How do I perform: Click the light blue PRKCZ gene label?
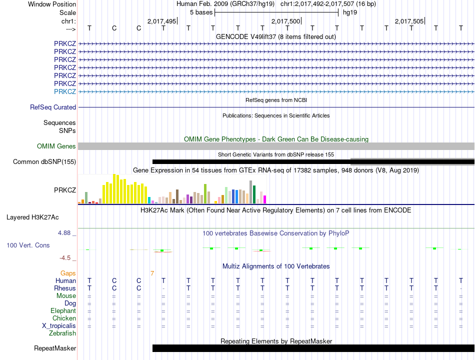pos(65,91)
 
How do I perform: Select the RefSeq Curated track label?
pos(53,107)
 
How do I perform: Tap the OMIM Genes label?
pos(56,146)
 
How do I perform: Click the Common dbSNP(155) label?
pos(44,162)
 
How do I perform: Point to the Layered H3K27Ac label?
pos(32,217)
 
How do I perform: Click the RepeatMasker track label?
pos(55,348)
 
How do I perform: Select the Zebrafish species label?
pos(62,333)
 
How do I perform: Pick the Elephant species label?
pos(63,311)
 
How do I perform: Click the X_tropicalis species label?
pos(59,326)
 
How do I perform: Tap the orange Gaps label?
pos(68,273)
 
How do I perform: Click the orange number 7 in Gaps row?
pos(152,273)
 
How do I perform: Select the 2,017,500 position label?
pos(285,21)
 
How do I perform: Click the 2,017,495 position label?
pos(161,21)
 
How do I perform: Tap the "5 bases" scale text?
pos(201,12)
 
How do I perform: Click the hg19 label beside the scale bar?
pos(350,12)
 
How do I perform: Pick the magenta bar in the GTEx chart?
pos(265,199)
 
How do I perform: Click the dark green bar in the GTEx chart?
pos(254,194)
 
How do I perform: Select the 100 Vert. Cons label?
pos(28,245)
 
